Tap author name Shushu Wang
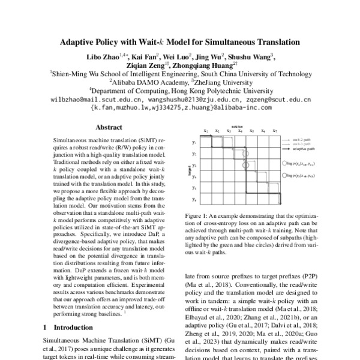coord(255,57)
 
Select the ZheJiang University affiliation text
coord(224,83)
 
